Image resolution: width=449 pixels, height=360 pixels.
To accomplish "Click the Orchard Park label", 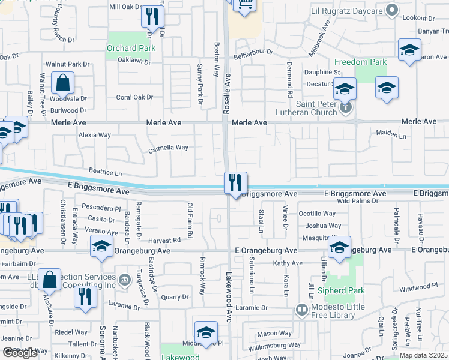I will pyautogui.click(x=131, y=48).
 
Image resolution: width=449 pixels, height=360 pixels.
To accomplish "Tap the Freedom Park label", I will pyautogui.click(x=360, y=62).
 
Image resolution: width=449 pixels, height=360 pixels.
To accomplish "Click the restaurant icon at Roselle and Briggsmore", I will pyautogui.click(x=235, y=182).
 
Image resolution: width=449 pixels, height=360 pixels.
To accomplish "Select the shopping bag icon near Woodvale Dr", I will pyautogui.click(x=62, y=84).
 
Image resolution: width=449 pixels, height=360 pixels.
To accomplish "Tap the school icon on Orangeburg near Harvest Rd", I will pyautogui.click(x=102, y=246).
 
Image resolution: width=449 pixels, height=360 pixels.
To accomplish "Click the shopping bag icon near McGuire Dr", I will pyautogui.click(x=49, y=280).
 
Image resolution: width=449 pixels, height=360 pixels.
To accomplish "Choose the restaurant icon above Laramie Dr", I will pyautogui.click(x=85, y=298).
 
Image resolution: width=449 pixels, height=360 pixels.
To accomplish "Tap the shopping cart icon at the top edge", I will pyautogui.click(x=244, y=5).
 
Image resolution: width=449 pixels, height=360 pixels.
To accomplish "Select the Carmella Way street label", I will pyautogui.click(x=169, y=147).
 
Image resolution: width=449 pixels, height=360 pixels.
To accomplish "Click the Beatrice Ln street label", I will pyautogui.click(x=105, y=172).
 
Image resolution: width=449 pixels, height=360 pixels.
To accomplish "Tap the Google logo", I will pyautogui.click(x=20, y=353).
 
